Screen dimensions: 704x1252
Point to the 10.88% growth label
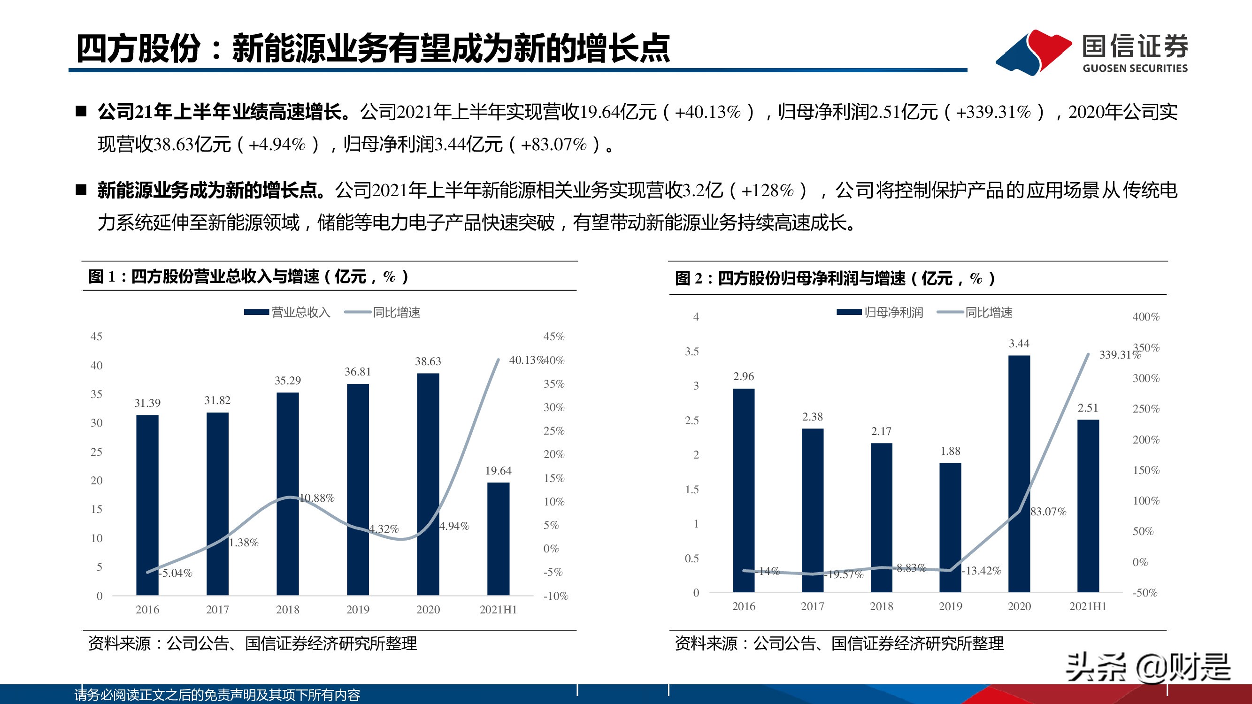click(317, 498)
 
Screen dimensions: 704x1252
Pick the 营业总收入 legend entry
click(287, 313)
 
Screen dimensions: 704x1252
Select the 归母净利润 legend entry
click(880, 313)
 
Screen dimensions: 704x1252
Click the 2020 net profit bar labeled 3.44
click(1019, 474)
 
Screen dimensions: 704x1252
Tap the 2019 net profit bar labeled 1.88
click(950, 527)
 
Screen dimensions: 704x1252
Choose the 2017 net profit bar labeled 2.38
click(812, 510)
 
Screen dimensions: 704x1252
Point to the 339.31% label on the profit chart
click(1119, 355)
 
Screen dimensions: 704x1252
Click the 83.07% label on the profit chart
click(1048, 512)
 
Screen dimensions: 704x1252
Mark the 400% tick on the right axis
click(1145, 317)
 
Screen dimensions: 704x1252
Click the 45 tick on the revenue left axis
click(96, 337)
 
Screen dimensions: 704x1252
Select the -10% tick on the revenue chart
click(555, 596)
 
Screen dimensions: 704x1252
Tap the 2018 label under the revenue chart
click(288, 610)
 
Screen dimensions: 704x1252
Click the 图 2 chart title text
click(835, 278)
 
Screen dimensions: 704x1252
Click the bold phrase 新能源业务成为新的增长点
click(210, 191)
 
